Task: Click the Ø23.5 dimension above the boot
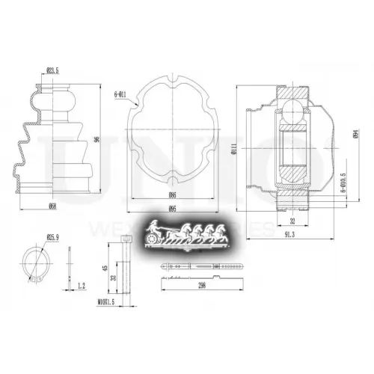52,71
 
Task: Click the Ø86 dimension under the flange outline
173,194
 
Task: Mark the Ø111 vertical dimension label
233,150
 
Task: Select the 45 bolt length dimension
105,266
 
